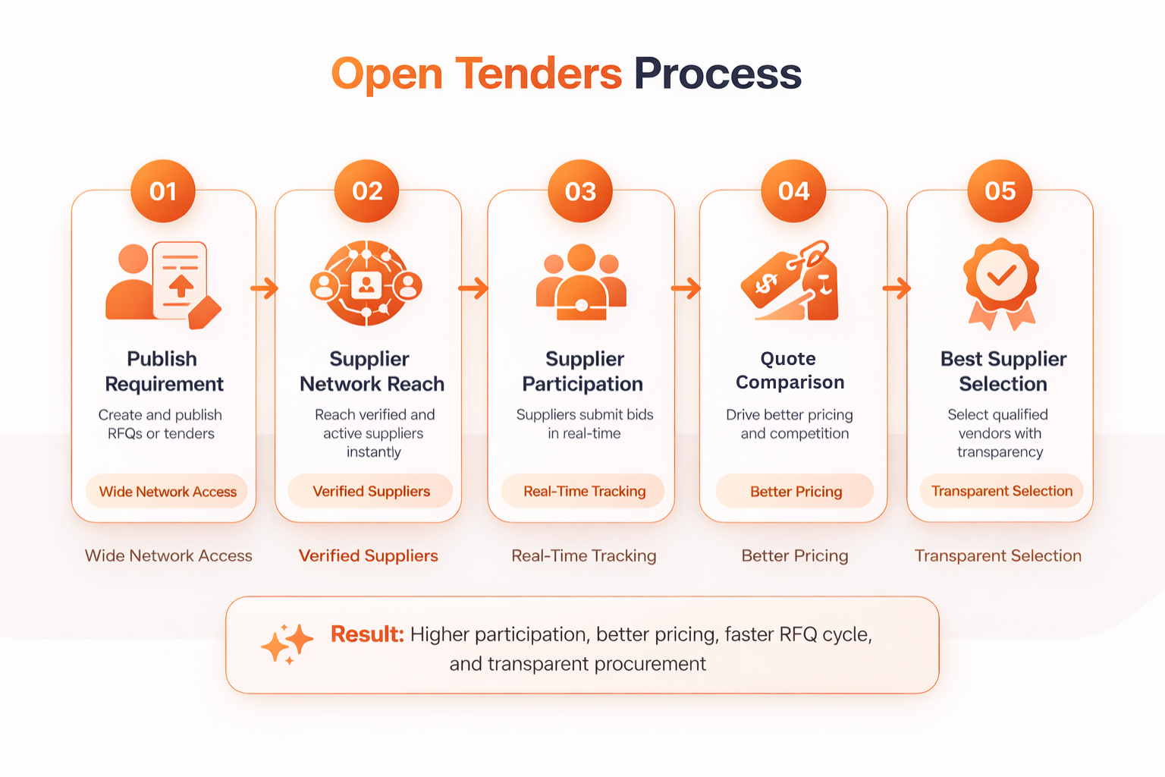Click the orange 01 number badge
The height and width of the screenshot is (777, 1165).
pyautogui.click(x=163, y=191)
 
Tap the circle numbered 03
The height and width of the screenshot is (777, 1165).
pyautogui.click(x=580, y=191)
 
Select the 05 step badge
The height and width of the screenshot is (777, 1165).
pyautogui.click(x=1000, y=191)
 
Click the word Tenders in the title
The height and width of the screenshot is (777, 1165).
pyautogui.click(x=539, y=74)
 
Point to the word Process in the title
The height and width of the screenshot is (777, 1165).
pyautogui.click(x=718, y=74)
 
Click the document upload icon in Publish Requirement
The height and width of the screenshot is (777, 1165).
pyautogui.click(x=181, y=281)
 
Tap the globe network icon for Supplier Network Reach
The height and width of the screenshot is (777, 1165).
pyautogui.click(x=367, y=284)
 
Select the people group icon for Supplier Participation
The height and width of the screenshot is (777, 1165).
pyautogui.click(x=581, y=282)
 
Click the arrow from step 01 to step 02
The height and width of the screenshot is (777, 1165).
pyautogui.click(x=265, y=288)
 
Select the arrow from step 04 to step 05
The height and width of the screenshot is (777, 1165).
pyautogui.click(x=897, y=288)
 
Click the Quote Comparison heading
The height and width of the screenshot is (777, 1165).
pyautogui.click(x=790, y=370)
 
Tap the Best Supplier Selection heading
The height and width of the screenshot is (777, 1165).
pyautogui.click(x=1003, y=371)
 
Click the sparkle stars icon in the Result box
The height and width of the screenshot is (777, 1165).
pyautogui.click(x=287, y=644)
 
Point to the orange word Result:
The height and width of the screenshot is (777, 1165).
pyautogui.click(x=367, y=634)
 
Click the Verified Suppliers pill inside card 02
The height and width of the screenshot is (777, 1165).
pyautogui.click(x=371, y=492)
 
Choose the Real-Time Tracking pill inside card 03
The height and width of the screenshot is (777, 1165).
pyautogui.click(x=584, y=492)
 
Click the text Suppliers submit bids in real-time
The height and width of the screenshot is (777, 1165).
pyautogui.click(x=584, y=424)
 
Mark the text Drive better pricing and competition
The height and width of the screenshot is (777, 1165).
pyautogui.click(x=790, y=424)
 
